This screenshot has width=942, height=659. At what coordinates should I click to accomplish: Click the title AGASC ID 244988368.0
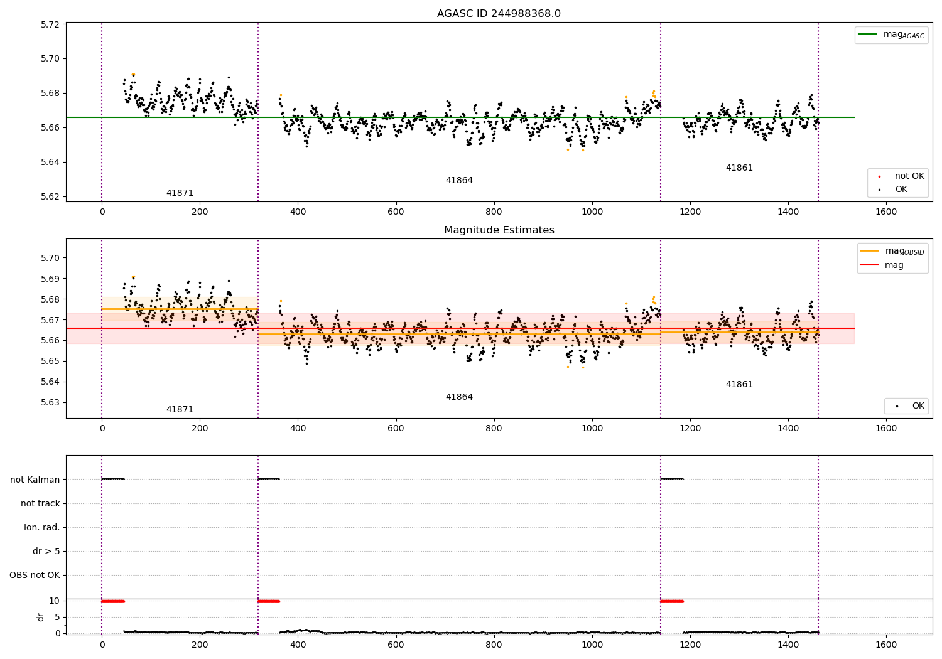499,14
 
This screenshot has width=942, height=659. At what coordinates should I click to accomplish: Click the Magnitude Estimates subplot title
499,230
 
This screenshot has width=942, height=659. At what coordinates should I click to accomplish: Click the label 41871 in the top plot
180,193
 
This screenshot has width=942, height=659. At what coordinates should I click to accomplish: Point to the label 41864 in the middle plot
459,397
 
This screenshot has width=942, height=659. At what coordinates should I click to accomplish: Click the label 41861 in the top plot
739,168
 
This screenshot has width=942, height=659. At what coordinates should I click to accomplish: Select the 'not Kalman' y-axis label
35,480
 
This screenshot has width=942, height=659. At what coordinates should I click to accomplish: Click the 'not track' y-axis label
40,503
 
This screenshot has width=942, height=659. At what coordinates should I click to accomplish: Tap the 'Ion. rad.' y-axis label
42,527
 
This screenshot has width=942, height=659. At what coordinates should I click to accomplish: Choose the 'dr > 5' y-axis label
46,551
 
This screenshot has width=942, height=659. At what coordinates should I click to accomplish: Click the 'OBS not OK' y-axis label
35,575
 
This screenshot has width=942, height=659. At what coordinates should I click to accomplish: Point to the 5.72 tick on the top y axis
50,24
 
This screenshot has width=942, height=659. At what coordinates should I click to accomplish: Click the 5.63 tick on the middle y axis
50,402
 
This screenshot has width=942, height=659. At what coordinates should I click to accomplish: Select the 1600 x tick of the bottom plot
886,645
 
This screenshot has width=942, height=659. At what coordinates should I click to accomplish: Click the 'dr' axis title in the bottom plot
41,617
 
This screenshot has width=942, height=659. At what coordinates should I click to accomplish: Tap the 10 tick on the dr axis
55,601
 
